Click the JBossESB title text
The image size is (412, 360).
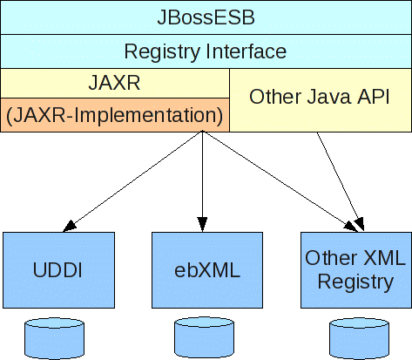click(206, 17)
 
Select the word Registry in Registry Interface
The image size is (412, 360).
click(162, 52)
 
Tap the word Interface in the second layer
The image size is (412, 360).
click(247, 51)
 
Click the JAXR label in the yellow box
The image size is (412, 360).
click(114, 83)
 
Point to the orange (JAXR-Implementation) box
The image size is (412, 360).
click(115, 115)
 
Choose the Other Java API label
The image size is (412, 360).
click(319, 97)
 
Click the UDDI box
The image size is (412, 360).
click(58, 270)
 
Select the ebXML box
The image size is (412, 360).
click(207, 270)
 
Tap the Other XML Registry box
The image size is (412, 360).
click(356, 270)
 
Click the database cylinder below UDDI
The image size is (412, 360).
click(54, 338)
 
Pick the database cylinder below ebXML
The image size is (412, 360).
click(204, 338)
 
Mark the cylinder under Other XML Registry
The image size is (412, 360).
click(359, 338)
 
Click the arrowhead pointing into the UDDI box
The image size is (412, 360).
click(69, 227)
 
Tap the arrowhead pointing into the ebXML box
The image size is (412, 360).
click(202, 224)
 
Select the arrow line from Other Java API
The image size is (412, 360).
click(340, 182)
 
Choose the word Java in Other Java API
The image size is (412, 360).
click(328, 97)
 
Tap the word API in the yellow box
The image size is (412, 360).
click(373, 97)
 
